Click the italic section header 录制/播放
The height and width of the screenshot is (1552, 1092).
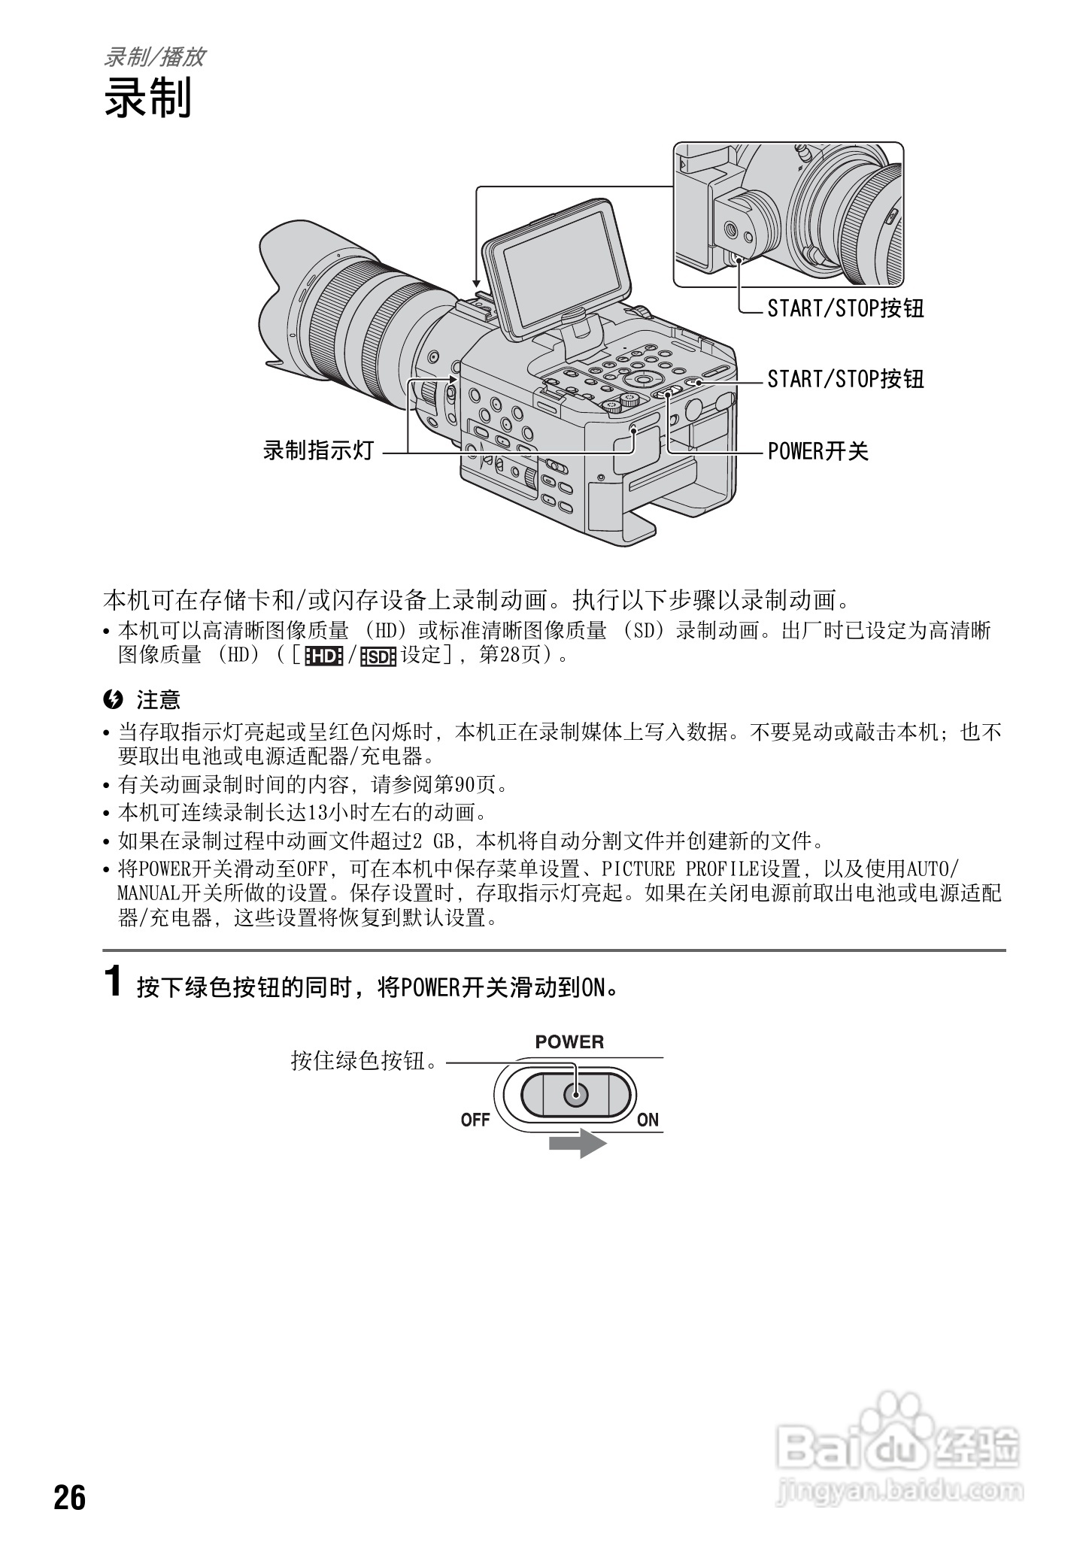(154, 57)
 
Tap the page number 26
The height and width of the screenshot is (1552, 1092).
(70, 1498)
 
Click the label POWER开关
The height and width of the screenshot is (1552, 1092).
(818, 451)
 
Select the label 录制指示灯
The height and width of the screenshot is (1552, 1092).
(319, 451)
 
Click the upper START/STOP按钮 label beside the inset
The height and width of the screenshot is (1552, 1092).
(845, 308)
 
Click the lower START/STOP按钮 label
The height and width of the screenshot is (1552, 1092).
(845, 379)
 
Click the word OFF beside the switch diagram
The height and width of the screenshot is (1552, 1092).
(475, 1120)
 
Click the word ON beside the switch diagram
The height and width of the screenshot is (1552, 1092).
(648, 1120)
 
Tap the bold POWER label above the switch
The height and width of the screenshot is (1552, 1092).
(569, 1042)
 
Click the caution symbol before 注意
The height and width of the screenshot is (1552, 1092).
(113, 700)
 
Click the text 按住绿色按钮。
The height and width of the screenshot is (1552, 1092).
(365, 1062)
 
